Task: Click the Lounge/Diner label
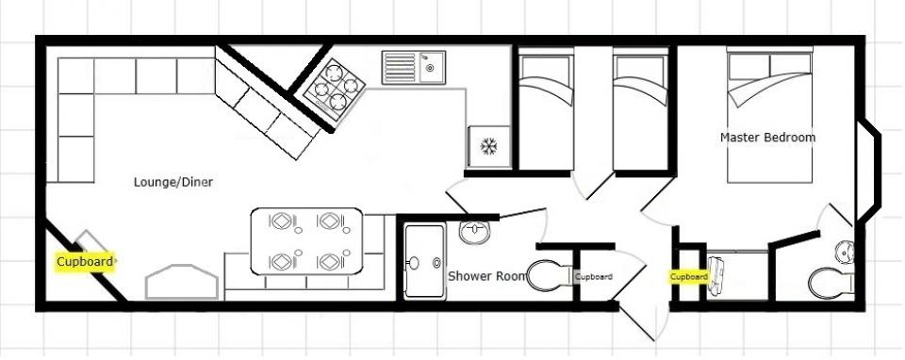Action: point(173,182)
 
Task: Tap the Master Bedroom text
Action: point(767,138)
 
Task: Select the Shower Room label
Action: point(487,276)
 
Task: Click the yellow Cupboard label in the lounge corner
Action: point(85,262)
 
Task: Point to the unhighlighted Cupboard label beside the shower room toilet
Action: point(593,277)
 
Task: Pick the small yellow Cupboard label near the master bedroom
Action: point(688,277)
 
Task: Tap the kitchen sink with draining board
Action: point(413,68)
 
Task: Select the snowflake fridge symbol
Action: point(489,146)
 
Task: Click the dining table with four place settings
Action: point(307,241)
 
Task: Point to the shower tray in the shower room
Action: point(425,262)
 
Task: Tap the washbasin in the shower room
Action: point(474,232)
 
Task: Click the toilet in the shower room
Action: point(549,275)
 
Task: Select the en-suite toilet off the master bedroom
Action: point(831,284)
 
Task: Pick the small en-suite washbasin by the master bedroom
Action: point(845,253)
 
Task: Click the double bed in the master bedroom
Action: point(769,115)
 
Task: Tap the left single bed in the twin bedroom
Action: point(546,109)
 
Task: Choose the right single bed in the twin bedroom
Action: point(641,109)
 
